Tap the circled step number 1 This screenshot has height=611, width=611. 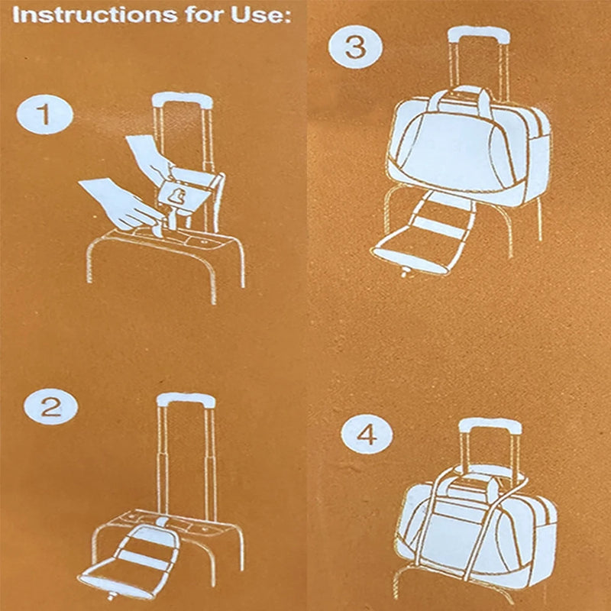[44, 115]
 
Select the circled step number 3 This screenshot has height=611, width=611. [355, 47]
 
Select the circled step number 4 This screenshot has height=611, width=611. [367, 435]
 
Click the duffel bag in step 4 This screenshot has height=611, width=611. [474, 527]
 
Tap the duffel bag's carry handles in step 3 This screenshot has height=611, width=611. [462, 98]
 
